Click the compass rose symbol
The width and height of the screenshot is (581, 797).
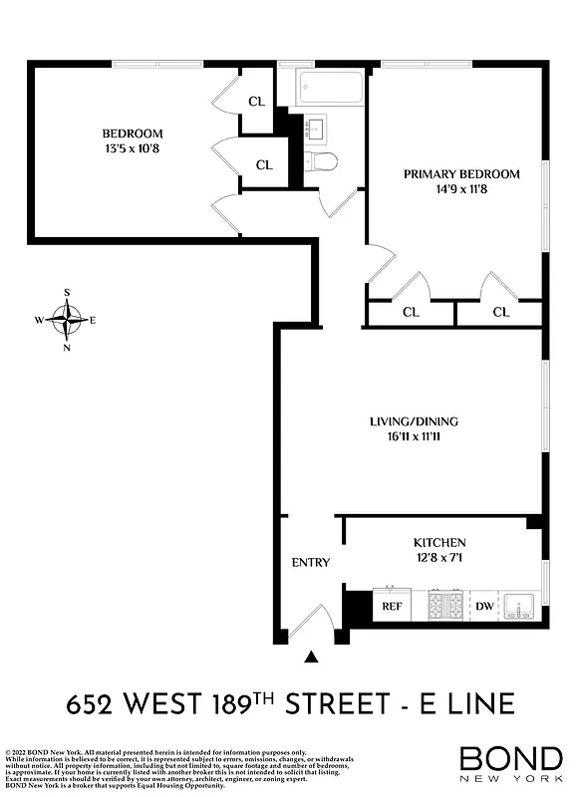tap(67, 320)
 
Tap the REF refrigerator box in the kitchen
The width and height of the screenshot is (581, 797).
tap(391, 605)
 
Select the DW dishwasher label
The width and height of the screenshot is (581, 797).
tap(484, 605)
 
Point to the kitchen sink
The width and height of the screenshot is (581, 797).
tap(520, 605)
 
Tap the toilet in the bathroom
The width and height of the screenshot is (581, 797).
tap(324, 161)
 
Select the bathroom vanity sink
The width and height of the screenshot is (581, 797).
tap(319, 129)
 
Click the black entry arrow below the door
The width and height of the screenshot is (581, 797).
tap(312, 657)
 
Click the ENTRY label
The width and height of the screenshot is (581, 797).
tap(310, 563)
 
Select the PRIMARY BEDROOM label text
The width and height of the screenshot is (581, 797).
tap(461, 174)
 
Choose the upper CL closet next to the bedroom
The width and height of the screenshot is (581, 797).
tap(256, 101)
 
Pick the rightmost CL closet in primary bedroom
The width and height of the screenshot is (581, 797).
tap(500, 312)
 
